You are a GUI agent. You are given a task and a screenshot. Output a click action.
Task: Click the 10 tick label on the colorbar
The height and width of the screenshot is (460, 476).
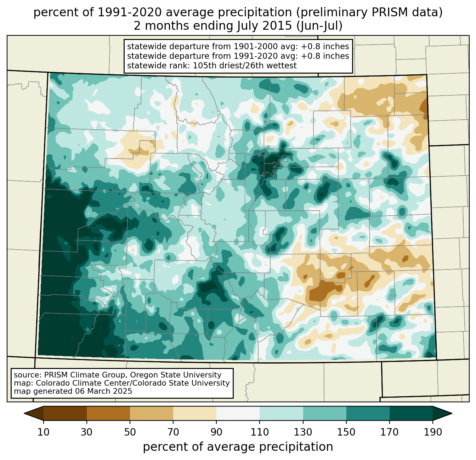[44, 432]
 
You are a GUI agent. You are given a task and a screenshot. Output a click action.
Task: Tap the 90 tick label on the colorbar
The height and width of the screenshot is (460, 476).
[216, 432]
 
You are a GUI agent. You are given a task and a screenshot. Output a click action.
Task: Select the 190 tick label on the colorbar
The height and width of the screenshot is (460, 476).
[432, 432]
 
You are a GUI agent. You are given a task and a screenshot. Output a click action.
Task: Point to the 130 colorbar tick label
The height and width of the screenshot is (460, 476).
[303, 432]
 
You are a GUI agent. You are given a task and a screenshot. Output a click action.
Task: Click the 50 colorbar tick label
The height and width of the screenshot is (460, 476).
[130, 432]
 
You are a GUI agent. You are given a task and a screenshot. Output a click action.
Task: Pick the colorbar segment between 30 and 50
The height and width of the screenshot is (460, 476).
[108, 413]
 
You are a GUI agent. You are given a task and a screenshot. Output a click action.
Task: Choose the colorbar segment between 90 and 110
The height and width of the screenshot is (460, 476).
[238, 413]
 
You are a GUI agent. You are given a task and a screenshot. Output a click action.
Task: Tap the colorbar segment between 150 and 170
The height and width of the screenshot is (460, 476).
[368, 413]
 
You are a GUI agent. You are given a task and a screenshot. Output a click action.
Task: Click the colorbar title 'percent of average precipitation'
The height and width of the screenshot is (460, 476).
[238, 447]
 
